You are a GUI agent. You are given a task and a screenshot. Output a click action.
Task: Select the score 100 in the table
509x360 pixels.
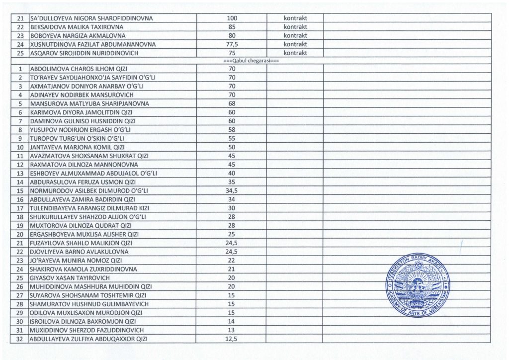[x=232, y=18]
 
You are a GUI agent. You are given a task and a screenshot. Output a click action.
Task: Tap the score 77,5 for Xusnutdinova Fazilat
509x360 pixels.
[x=232, y=44]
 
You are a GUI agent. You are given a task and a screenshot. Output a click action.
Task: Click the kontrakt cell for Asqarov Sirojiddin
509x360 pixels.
[x=296, y=53]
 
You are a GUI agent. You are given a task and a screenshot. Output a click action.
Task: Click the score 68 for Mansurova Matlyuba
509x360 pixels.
[x=232, y=103]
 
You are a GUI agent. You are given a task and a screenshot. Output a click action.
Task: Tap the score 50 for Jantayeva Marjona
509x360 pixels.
[x=232, y=147]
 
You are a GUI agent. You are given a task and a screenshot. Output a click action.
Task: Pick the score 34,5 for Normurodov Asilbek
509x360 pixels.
[x=232, y=190]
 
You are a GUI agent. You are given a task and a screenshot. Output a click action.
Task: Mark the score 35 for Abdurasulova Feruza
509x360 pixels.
[x=232, y=181]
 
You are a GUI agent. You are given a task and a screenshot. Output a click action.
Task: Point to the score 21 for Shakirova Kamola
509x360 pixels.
[x=232, y=269]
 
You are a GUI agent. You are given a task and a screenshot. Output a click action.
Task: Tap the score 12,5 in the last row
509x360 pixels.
[x=232, y=339]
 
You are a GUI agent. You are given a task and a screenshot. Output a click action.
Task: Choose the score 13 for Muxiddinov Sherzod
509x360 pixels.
[x=232, y=330]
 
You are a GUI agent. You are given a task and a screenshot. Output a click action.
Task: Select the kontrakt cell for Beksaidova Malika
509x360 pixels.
[x=296, y=27]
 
